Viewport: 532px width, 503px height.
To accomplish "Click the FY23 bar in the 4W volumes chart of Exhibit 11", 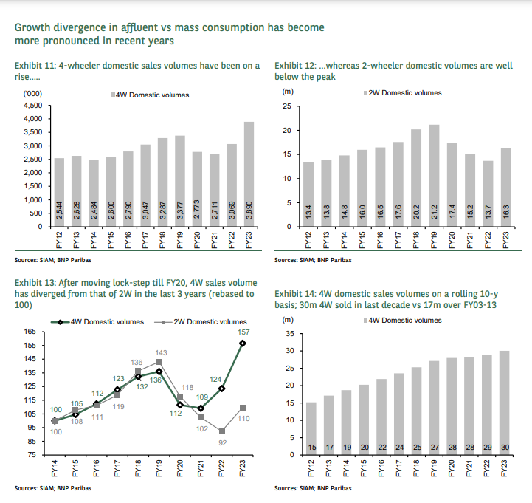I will coord(249,174).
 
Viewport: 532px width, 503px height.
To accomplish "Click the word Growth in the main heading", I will coord(35,27).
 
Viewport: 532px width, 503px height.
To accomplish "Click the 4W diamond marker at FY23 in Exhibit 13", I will coord(242,343).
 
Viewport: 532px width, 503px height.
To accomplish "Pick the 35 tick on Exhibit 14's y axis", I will coord(290,334).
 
